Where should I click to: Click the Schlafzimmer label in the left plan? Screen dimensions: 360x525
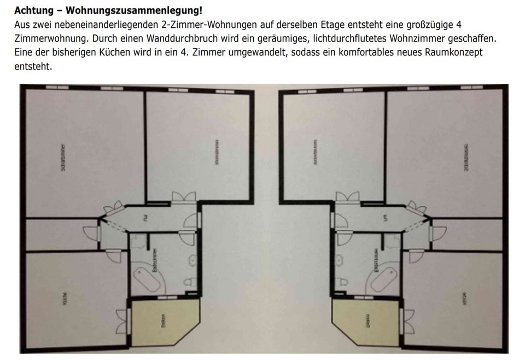63,159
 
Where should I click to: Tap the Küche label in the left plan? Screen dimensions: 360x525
65,299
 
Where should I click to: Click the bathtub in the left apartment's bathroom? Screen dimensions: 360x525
148,277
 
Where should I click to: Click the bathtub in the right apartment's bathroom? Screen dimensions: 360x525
381,277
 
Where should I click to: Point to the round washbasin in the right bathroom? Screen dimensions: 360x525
340,259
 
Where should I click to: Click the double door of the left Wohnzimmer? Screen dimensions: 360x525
184,198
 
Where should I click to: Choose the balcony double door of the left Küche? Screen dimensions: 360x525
122,322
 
